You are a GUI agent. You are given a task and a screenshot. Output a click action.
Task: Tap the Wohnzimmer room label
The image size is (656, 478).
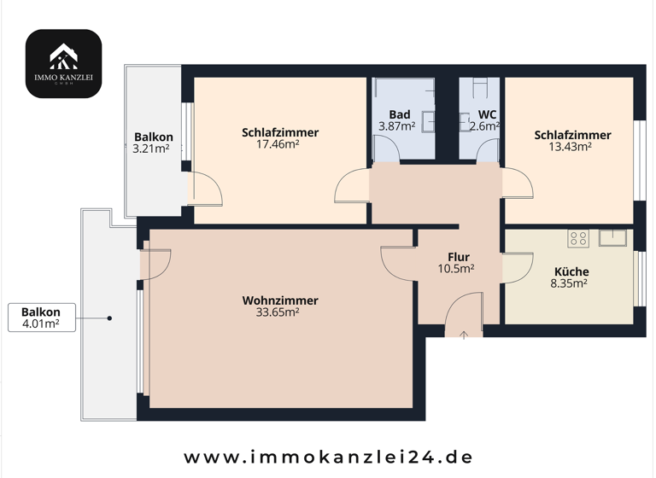(x=280, y=300)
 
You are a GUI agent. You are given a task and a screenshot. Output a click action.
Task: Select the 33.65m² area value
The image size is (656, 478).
(x=280, y=312)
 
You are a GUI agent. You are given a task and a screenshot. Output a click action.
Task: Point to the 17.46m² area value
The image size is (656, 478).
(x=280, y=144)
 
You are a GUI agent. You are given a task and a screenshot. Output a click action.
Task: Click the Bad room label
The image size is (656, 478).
(x=399, y=114)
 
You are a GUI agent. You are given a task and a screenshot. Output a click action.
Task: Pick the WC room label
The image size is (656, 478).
(x=487, y=114)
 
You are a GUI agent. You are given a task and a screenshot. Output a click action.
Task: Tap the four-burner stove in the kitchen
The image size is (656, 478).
(x=578, y=238)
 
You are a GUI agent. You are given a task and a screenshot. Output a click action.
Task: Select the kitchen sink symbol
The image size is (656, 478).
(x=613, y=237)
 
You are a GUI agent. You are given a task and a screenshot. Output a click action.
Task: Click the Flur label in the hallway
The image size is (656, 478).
(x=458, y=257)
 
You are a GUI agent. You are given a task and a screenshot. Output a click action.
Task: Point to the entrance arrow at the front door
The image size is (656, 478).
(x=464, y=335)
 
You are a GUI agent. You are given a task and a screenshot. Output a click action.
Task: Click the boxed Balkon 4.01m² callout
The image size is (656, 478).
(x=41, y=318)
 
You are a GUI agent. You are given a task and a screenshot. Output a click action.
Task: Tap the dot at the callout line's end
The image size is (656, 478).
(x=110, y=318)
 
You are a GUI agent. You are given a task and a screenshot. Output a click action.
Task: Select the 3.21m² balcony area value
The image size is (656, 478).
(x=153, y=149)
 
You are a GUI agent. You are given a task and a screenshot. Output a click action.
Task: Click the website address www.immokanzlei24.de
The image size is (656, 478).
(x=328, y=457)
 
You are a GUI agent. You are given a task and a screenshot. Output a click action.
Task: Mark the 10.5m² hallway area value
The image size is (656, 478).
(x=457, y=269)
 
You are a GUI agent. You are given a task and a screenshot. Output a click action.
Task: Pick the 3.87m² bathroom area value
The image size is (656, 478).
(x=396, y=126)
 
